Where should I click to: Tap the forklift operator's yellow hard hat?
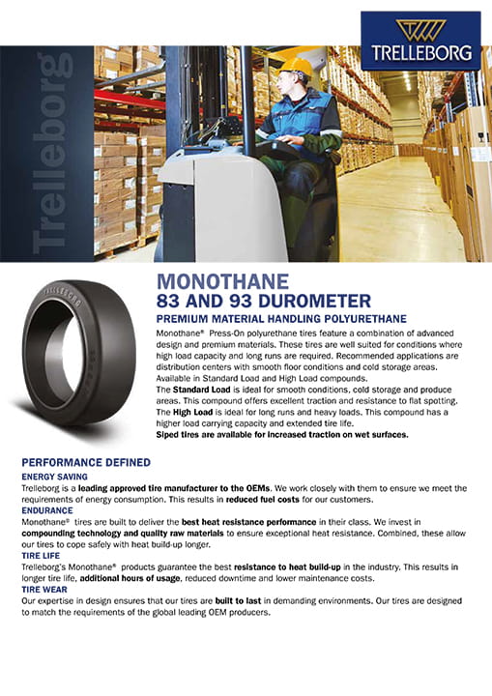click(299, 69)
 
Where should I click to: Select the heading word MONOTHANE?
click(222, 282)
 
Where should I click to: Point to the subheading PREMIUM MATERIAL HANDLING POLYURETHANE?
click(281, 318)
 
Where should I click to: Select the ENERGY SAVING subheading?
click(54, 477)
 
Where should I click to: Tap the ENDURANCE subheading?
click(49, 508)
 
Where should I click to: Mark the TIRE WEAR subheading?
click(46, 589)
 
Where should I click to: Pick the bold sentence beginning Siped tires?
click(281, 435)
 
